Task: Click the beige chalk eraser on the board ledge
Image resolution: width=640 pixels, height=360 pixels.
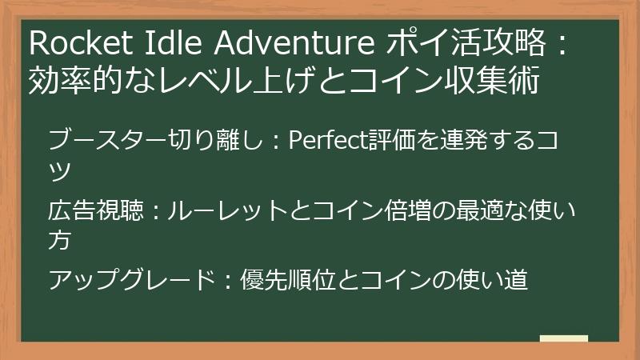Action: click(563, 338)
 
